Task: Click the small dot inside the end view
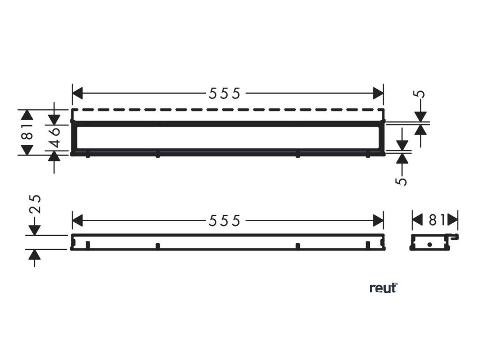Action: (429, 245)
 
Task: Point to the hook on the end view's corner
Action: (454, 238)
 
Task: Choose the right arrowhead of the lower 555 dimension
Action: (378, 219)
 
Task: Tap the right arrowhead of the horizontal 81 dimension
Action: (452, 219)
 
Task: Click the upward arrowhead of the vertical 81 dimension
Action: (27, 115)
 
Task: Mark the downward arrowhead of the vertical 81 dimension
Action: (27, 150)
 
